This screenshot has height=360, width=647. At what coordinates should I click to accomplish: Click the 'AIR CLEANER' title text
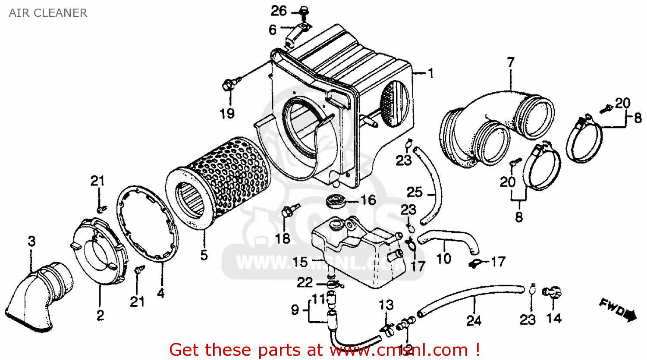[x=48, y=13]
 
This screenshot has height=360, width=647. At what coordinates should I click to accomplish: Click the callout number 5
[x=204, y=254]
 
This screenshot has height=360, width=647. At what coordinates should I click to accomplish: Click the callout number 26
[x=279, y=10]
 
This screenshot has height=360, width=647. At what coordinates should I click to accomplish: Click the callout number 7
[x=511, y=63]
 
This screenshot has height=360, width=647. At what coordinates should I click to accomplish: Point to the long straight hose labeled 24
[x=470, y=297]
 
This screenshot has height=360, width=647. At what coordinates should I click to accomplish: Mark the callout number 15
[x=300, y=262]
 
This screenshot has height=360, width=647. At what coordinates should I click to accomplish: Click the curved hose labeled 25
[x=431, y=185]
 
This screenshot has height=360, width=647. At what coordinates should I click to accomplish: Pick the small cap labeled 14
[x=553, y=293]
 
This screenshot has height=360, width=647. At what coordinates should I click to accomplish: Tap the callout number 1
[x=430, y=73]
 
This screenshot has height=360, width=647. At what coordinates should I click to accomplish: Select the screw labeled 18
[x=286, y=212]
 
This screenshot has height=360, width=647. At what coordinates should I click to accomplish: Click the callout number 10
[x=444, y=258]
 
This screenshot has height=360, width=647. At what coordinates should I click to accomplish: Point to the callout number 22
[x=305, y=282]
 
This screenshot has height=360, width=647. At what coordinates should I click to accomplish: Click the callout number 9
[x=295, y=310]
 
